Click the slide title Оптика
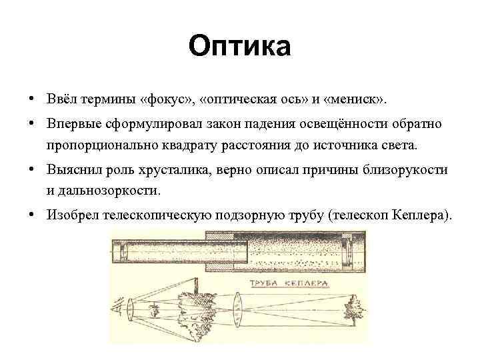239,47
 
